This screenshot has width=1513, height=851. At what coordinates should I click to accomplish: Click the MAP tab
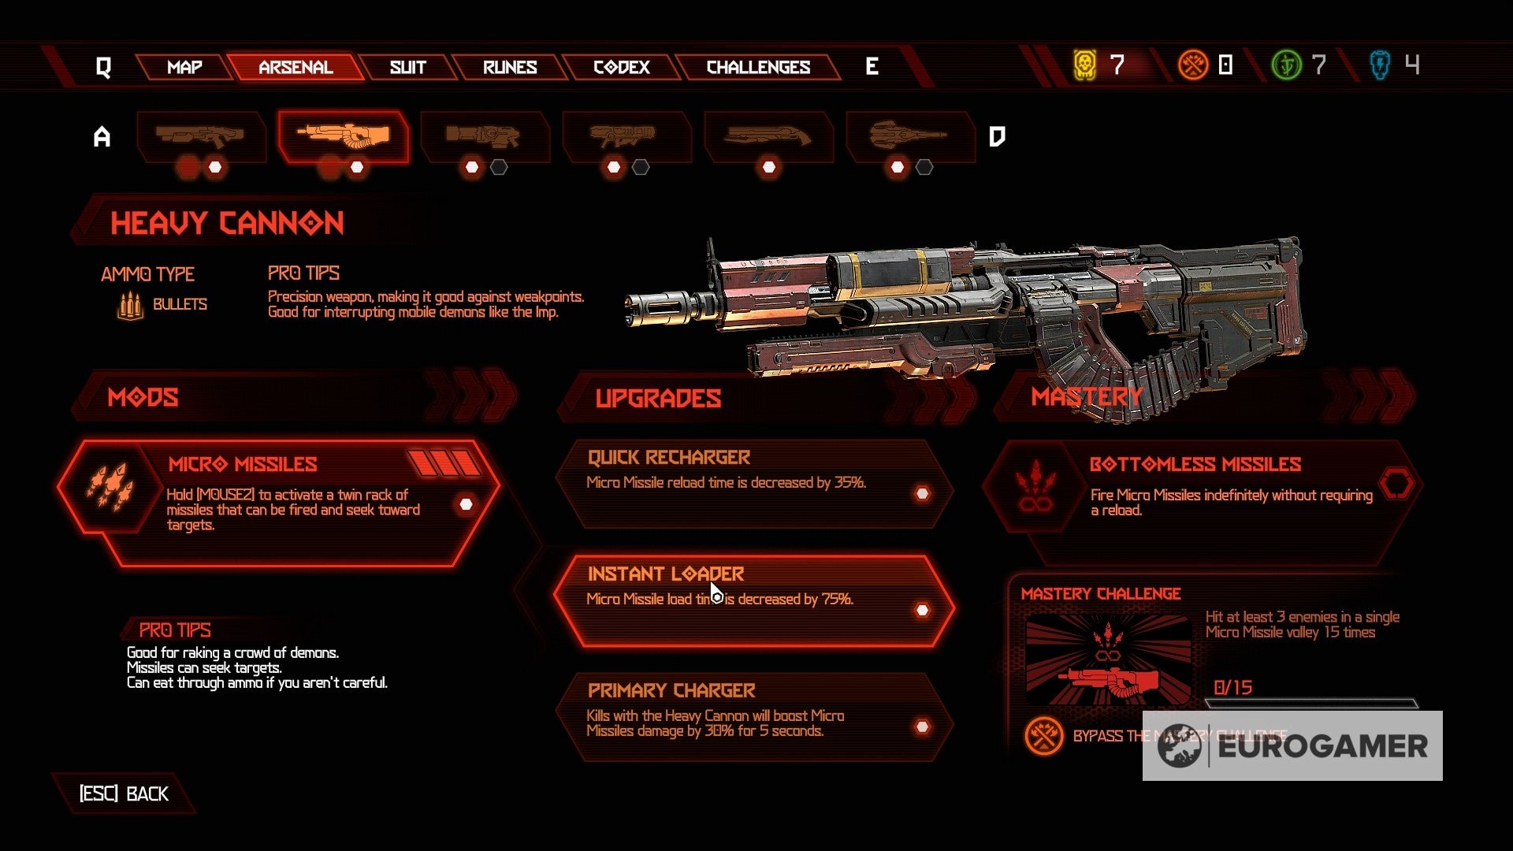pos(184,67)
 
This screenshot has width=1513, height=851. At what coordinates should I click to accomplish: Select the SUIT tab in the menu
pos(407,67)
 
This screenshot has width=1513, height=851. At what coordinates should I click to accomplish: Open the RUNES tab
pos(510,67)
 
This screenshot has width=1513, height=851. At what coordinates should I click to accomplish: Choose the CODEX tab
pos(621,67)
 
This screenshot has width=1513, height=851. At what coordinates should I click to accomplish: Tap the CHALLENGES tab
pos(758,67)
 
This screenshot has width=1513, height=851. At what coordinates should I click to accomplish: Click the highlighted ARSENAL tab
pos(296,67)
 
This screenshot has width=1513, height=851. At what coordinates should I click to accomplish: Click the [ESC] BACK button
pos(124,793)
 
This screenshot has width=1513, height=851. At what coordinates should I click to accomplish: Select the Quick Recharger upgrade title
pos(668,458)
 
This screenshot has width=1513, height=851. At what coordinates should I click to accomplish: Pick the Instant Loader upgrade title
pos(666,574)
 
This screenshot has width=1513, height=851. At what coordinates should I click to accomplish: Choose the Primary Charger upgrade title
pos(671,690)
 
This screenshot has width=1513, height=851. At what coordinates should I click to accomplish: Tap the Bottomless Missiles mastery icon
pos(1032,487)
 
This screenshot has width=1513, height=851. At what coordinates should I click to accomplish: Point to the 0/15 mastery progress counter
pos(1232,688)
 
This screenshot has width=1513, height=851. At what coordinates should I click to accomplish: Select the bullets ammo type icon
pos(130,305)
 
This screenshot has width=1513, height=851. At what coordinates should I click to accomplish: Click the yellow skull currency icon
pos(1085,65)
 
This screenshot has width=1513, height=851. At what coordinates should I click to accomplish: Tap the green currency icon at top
pos(1286,65)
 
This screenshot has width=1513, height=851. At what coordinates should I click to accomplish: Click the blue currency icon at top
pos(1380,65)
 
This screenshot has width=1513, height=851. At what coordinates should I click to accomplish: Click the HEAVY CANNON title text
pos(227,224)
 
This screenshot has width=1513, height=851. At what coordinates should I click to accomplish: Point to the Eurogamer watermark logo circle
pos(1180,746)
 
